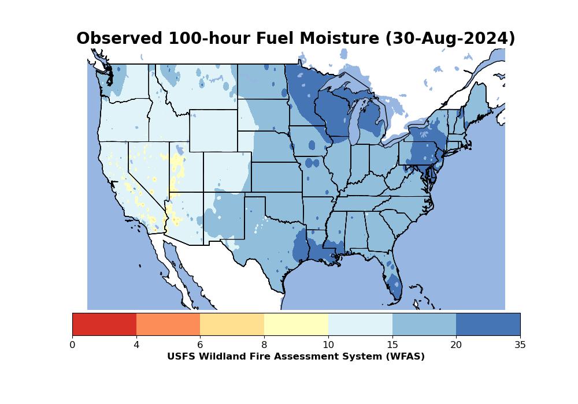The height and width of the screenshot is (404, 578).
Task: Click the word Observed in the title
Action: click(x=120, y=39)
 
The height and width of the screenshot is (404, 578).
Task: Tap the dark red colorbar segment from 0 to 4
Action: click(x=104, y=324)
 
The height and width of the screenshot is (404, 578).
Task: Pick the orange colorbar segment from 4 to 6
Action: click(x=168, y=324)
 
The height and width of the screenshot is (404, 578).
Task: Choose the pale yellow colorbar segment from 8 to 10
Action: click(x=296, y=324)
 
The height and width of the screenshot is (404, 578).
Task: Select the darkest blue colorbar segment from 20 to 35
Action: click(x=488, y=324)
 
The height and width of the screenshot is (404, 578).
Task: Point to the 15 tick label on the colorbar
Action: click(x=392, y=345)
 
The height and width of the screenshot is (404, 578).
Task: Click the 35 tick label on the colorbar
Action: click(x=520, y=345)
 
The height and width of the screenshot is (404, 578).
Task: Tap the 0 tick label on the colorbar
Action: click(x=72, y=345)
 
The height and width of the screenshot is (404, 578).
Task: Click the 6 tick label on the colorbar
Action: click(x=200, y=345)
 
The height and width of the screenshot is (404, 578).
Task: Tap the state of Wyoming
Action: click(x=213, y=130)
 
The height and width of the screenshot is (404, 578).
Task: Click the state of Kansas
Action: click(x=276, y=177)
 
